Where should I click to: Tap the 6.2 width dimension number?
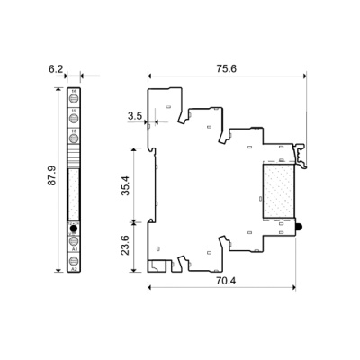[x=55, y=68]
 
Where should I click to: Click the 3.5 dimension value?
[x=135, y=116]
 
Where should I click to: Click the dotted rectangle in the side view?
[x=278, y=192]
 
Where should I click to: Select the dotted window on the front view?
[x=74, y=184]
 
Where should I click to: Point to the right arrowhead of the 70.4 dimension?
[x=295, y=289]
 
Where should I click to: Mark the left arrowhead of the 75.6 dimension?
[x=150, y=76]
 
